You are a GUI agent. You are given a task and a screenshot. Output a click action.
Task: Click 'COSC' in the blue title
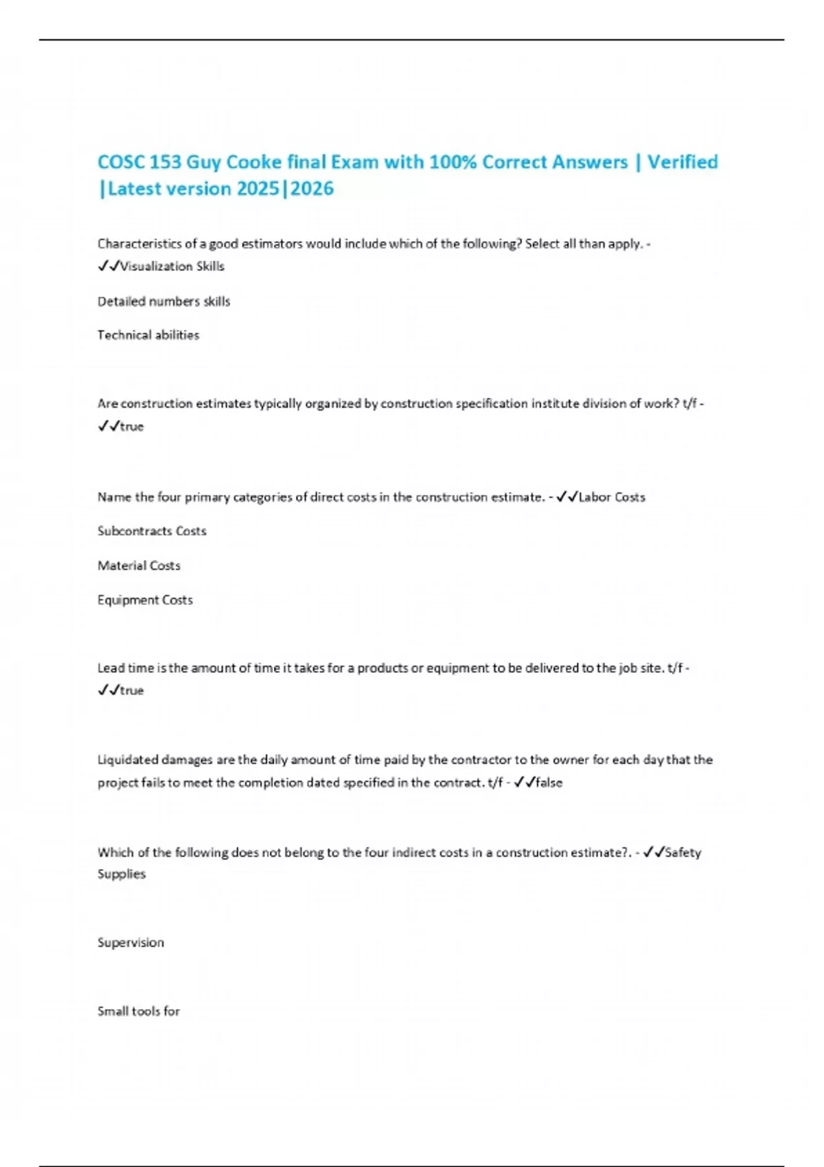121,162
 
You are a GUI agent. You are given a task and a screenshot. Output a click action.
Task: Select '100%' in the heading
453,162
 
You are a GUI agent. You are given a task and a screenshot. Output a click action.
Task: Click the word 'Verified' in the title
683,162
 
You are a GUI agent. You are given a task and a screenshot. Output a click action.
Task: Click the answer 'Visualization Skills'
172,266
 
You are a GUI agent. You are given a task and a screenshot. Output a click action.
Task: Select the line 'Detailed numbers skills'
163,301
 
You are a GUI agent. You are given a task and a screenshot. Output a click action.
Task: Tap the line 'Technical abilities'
148,335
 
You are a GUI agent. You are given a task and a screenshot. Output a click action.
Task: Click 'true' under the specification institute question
132,426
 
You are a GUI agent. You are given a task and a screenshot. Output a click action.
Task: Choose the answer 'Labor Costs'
612,497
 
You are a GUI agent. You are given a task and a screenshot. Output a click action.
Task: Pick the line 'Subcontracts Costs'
152,531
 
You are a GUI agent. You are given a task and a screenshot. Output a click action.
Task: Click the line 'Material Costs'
139,566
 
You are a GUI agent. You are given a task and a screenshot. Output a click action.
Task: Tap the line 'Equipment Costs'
145,600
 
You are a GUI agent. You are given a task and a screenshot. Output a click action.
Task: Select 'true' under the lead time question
132,691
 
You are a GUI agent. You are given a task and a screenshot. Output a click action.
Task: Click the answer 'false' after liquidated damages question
549,783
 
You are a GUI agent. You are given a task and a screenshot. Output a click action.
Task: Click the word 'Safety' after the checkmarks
683,853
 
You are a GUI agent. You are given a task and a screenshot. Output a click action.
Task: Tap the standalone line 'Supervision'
130,943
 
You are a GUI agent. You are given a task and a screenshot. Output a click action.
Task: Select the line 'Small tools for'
139,1011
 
